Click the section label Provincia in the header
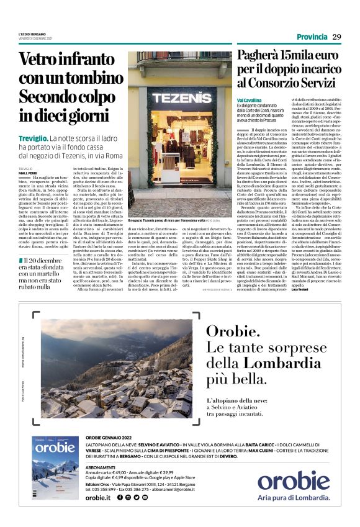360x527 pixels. click(x=312, y=37)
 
